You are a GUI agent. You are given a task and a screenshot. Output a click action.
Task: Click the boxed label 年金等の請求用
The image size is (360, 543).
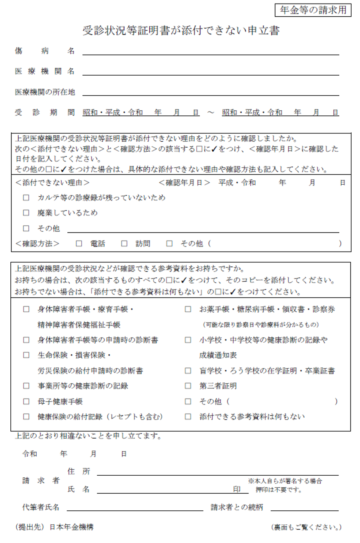point(313,10)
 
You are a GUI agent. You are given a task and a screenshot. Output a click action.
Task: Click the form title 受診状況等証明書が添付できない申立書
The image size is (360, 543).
point(181,31)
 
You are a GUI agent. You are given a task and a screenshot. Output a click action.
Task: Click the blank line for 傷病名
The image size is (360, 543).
point(211,51)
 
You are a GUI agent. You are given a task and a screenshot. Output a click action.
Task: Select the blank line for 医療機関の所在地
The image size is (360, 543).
point(211,92)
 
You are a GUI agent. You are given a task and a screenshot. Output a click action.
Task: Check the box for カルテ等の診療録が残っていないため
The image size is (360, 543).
point(26,197)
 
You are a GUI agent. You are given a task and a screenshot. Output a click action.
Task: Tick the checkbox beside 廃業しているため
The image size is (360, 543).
point(26,213)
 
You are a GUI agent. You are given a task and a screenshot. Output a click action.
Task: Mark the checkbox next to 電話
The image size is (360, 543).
point(79,243)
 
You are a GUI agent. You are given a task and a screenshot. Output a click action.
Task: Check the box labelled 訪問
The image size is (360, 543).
point(124,243)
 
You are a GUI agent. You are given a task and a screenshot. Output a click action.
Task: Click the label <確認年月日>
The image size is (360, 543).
point(184,183)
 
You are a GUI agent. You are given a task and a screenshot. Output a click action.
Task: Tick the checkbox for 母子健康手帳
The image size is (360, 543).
point(26,401)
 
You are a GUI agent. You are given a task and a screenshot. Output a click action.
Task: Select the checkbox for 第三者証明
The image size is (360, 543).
point(188,386)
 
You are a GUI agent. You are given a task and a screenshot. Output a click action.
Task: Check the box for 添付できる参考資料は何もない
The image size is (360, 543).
point(188,417)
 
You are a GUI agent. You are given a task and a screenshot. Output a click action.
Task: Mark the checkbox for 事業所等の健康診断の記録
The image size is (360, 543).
point(26,386)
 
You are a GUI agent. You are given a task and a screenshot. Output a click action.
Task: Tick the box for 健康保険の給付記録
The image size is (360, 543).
point(26,417)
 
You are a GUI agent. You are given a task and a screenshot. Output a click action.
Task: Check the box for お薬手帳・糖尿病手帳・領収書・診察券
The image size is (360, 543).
point(188,309)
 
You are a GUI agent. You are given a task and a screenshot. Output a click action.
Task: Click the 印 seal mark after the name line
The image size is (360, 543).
point(237,489)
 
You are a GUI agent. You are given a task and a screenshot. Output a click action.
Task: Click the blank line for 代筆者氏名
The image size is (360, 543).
point(135,508)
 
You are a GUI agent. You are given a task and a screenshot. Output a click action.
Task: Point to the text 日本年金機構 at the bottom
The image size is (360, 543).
point(71,527)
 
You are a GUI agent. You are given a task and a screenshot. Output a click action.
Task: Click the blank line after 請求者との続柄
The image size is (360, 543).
point(305,508)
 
